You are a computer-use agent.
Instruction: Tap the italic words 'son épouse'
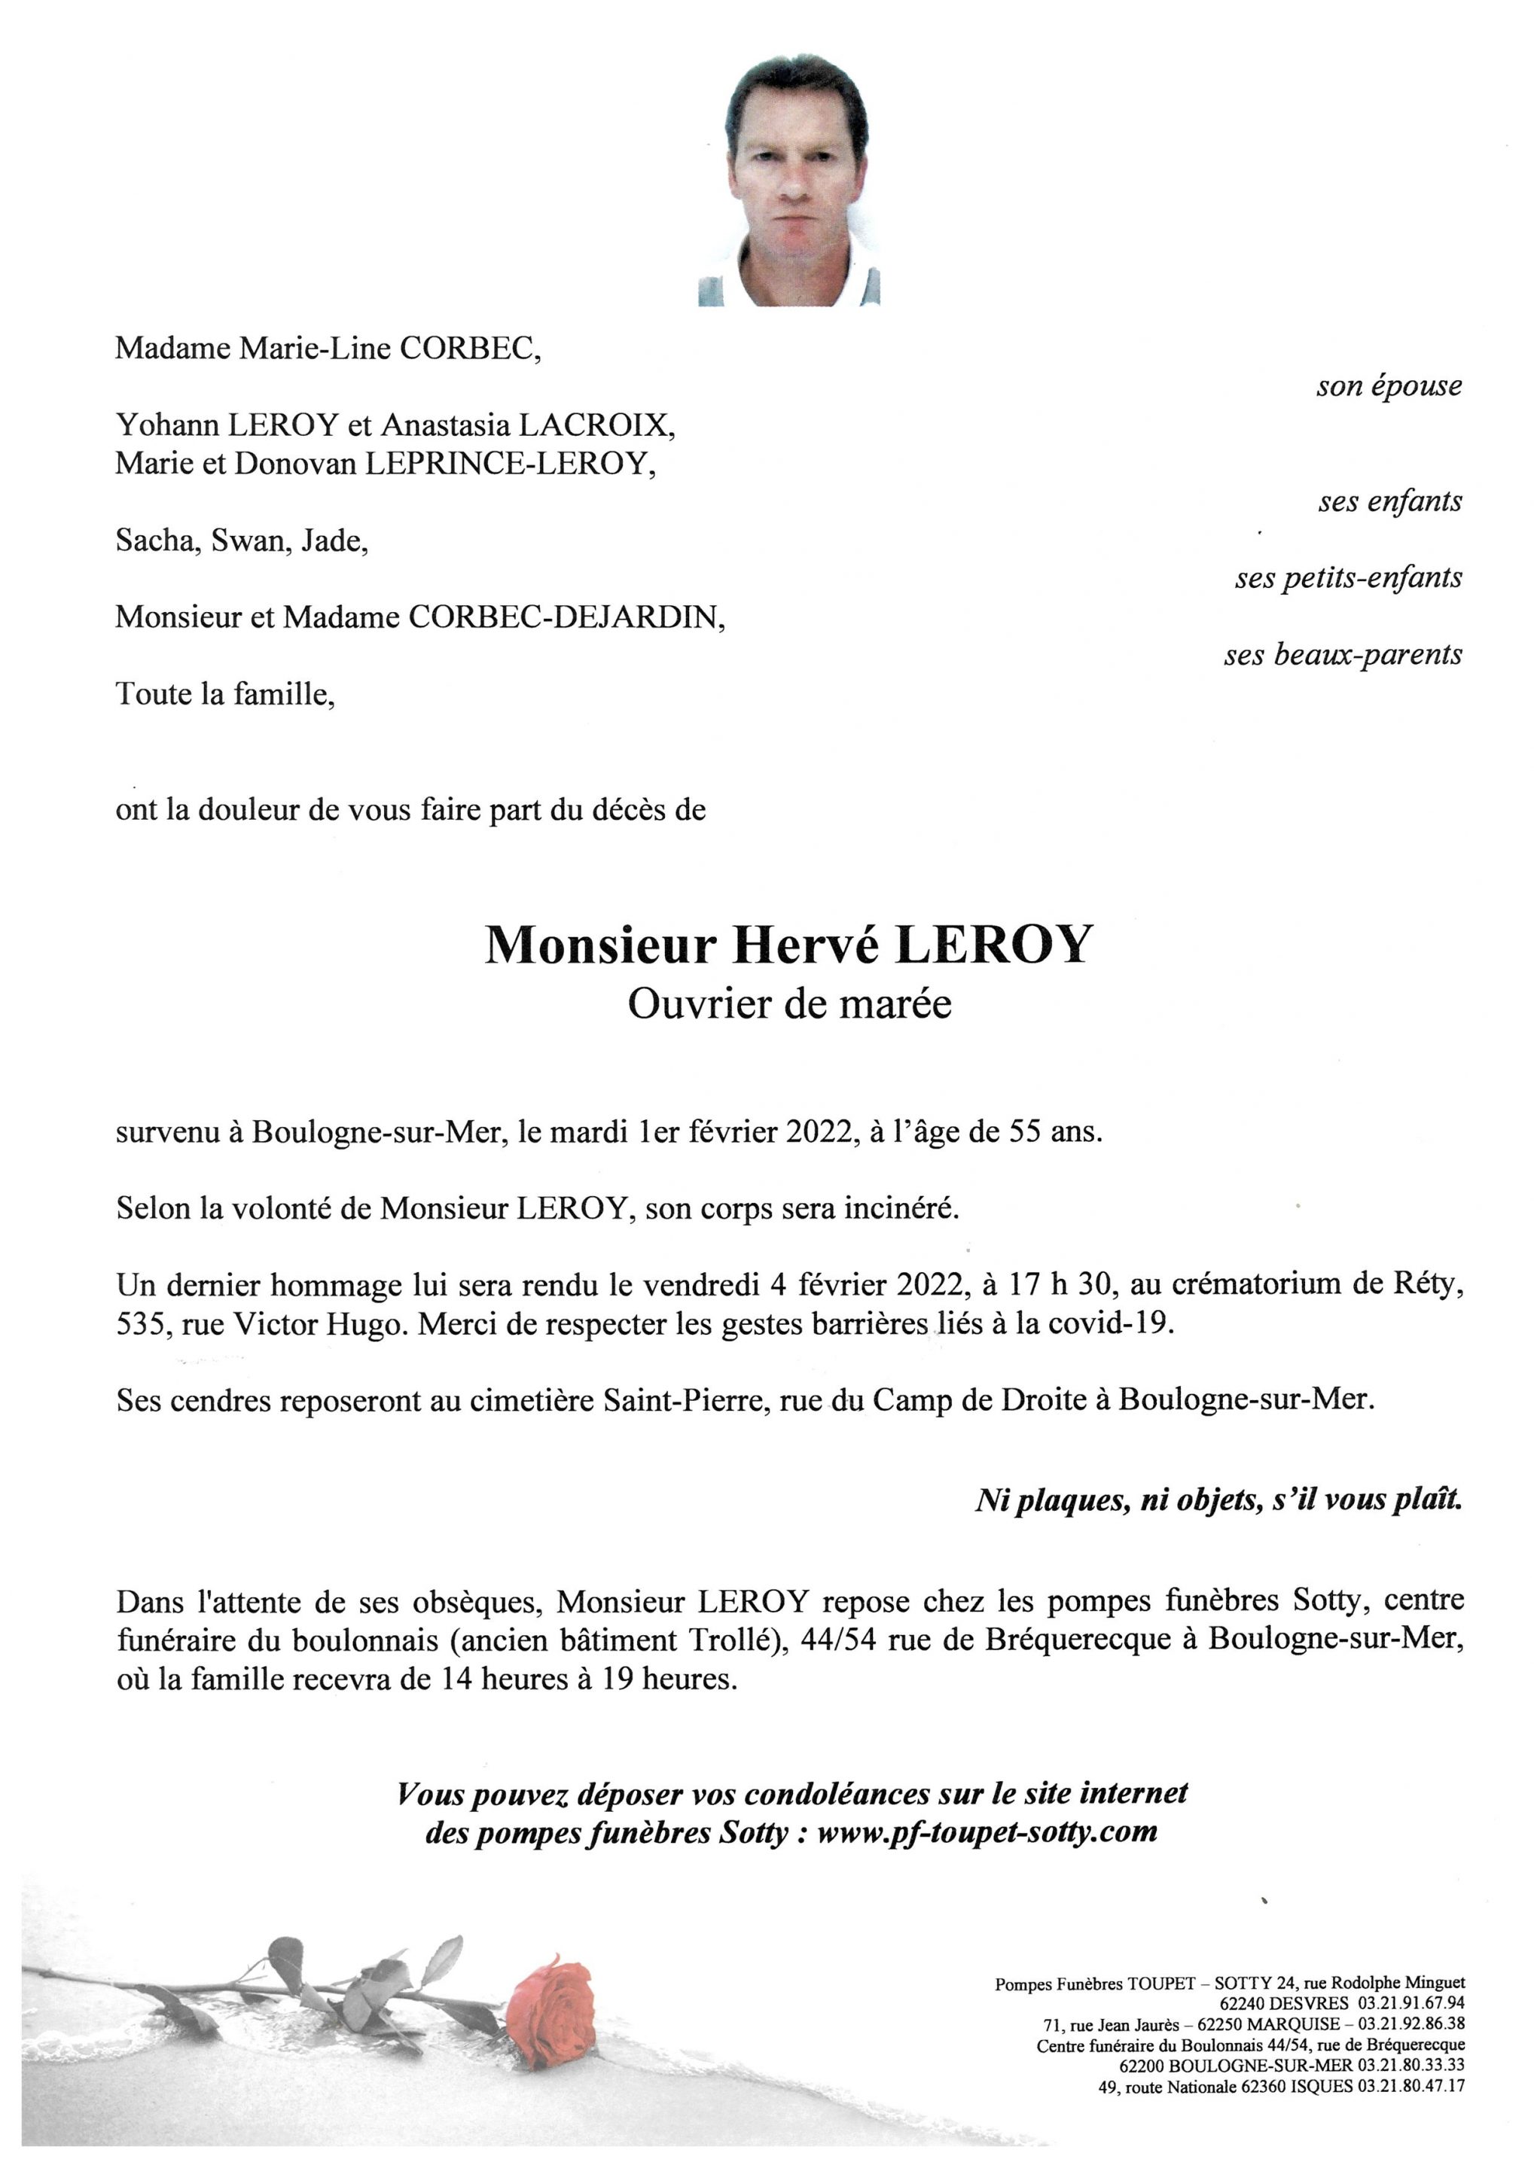point(1389,386)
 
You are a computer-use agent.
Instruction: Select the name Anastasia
point(446,426)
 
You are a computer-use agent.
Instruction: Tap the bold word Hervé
point(806,944)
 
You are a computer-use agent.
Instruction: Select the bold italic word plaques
point(1073,1500)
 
